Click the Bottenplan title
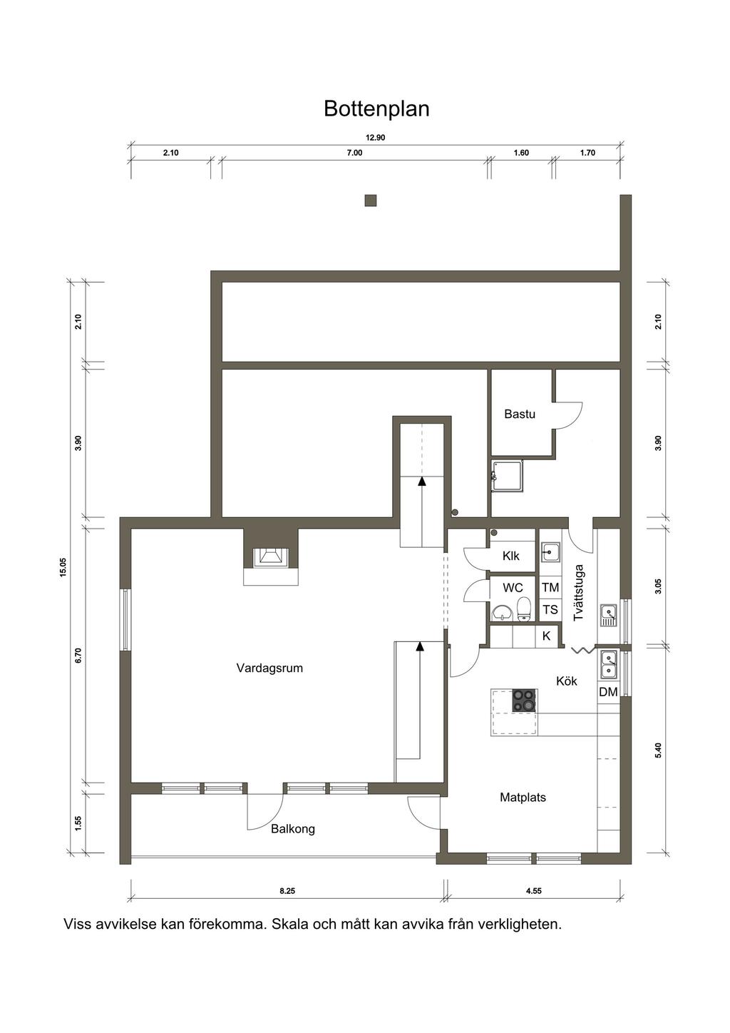pyautogui.click(x=376, y=109)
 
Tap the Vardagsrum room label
pyautogui.click(x=269, y=668)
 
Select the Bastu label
pyautogui.click(x=520, y=414)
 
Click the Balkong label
pyautogui.click(x=293, y=829)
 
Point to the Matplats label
pyautogui.click(x=523, y=798)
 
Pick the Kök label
pyautogui.click(x=567, y=681)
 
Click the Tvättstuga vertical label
pyautogui.click(x=578, y=593)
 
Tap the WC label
pyautogui.click(x=513, y=588)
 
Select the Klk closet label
pyautogui.click(x=510, y=556)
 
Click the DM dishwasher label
pyautogui.click(x=608, y=692)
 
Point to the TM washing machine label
pyautogui.click(x=550, y=588)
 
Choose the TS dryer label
pyautogui.click(x=550, y=610)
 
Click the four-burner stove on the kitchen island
pyautogui.click(x=525, y=701)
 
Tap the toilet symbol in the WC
pyautogui.click(x=524, y=609)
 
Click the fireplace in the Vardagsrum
pyautogui.click(x=270, y=557)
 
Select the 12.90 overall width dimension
pyautogui.click(x=375, y=138)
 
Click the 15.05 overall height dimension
pyautogui.click(x=63, y=566)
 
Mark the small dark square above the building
pyautogui.click(x=371, y=200)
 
